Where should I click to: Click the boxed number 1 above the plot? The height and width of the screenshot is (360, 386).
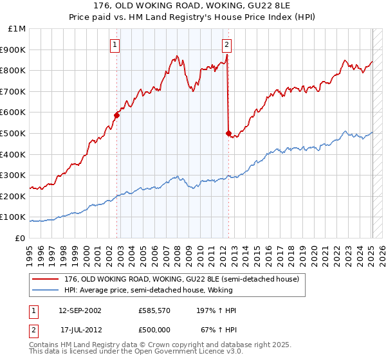[115, 44]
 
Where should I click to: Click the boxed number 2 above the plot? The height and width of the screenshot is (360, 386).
[227, 44]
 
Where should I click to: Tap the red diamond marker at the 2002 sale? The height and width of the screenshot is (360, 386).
[117, 115]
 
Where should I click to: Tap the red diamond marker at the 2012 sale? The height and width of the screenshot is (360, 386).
[228, 133]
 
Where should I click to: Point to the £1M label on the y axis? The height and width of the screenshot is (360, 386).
[17, 29]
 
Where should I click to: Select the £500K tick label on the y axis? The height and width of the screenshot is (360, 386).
[13, 134]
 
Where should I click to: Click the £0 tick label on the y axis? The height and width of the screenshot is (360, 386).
[20, 238]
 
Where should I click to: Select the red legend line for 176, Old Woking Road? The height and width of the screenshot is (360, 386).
[46, 280]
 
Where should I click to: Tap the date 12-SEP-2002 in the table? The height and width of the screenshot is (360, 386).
[80, 310]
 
